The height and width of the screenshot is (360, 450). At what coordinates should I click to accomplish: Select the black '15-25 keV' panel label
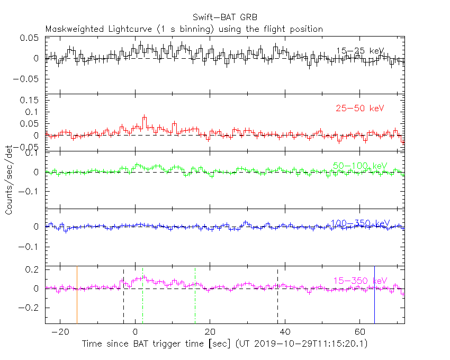(x=360, y=51)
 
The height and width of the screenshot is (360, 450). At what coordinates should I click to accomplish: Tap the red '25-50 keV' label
(x=359, y=109)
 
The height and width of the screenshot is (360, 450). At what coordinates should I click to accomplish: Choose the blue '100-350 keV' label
(x=360, y=223)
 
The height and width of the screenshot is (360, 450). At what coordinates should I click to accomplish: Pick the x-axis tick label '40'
(x=285, y=332)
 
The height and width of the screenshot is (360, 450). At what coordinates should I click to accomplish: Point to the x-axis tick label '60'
(x=359, y=332)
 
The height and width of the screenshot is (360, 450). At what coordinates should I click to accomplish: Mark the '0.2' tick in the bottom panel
(x=33, y=269)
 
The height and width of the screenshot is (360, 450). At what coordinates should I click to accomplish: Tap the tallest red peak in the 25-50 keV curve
(x=144, y=117)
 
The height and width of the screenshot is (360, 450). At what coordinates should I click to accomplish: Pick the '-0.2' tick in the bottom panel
(x=31, y=308)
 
